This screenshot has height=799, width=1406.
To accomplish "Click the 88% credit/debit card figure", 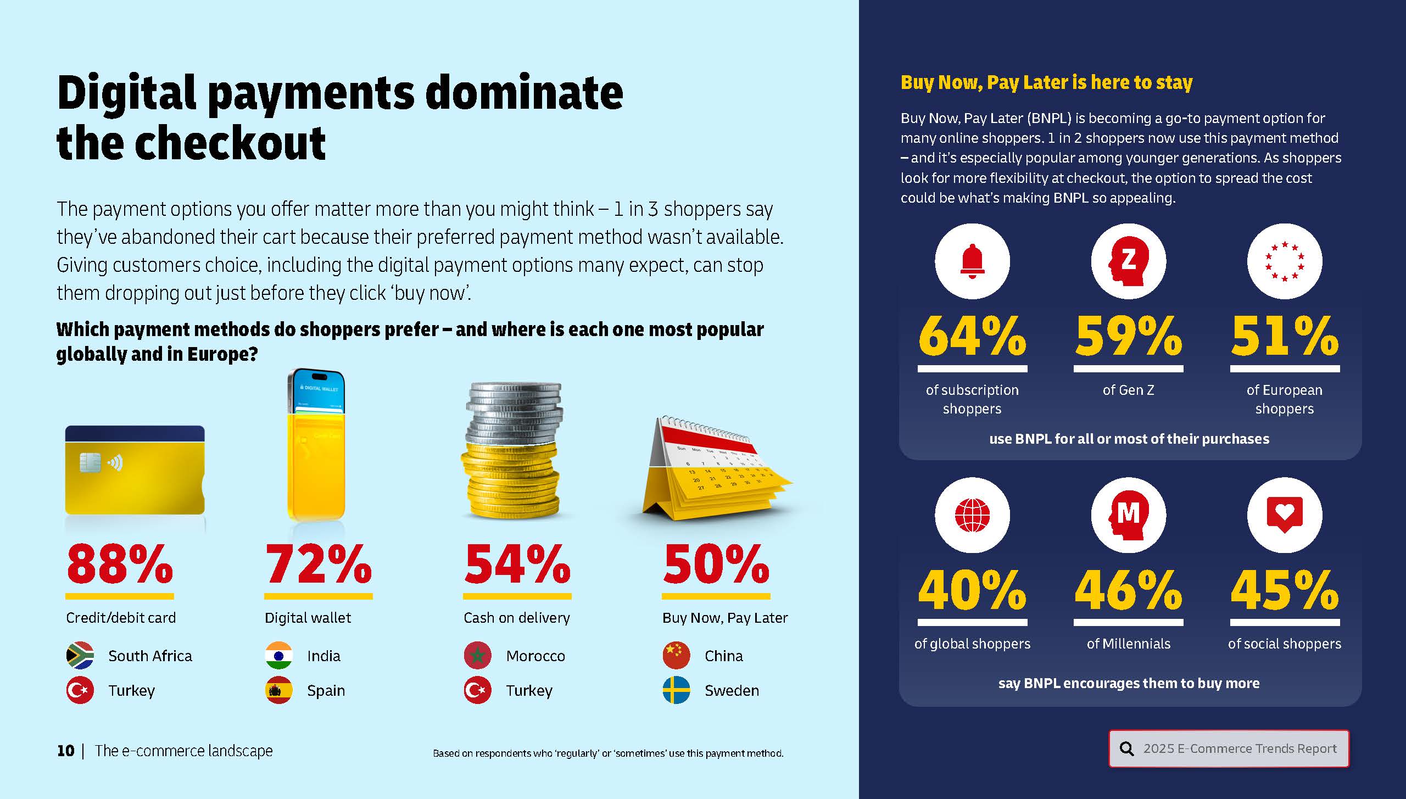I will [x=120, y=565].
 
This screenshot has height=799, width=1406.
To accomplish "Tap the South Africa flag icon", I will [x=80, y=655].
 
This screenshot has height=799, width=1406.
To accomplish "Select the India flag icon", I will [x=279, y=655].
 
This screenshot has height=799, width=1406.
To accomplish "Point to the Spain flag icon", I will [x=279, y=690].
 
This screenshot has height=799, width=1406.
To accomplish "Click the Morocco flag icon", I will [x=477, y=655].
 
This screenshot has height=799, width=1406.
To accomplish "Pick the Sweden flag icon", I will [x=676, y=690].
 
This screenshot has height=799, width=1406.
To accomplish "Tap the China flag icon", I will [x=676, y=655].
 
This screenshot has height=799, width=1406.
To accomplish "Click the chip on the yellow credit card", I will [x=90, y=462].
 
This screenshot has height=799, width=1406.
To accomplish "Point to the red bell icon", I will [x=972, y=261].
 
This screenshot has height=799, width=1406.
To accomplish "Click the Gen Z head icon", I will [x=1128, y=261].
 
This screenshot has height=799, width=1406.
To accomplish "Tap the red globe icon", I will [x=972, y=515].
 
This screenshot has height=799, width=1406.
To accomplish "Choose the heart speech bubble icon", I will [x=1284, y=515].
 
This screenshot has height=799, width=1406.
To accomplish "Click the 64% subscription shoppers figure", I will [x=972, y=336].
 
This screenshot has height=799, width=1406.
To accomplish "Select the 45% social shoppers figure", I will [x=1284, y=590].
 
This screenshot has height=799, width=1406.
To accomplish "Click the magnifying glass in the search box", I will [x=1126, y=748].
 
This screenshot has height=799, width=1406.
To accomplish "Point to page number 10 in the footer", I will [x=66, y=751].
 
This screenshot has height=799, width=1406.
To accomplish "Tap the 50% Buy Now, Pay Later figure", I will [x=716, y=565].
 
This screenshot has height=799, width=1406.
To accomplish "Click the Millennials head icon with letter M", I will [x=1128, y=515].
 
